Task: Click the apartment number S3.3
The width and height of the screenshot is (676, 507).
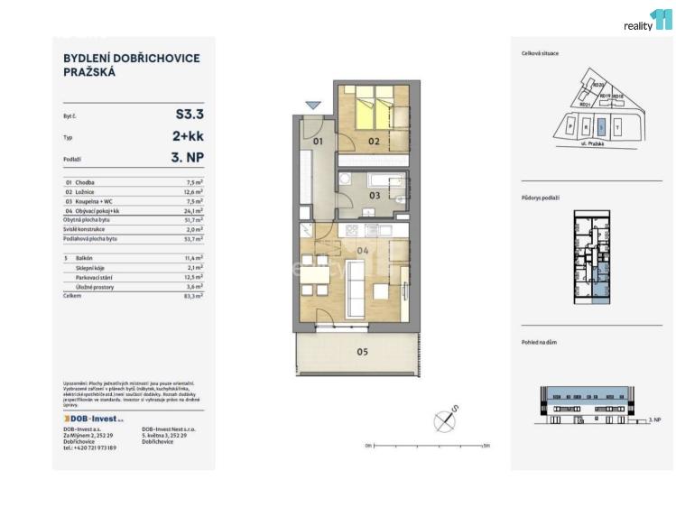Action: click(x=190, y=115)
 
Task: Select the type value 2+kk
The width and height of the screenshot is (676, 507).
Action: click(x=188, y=137)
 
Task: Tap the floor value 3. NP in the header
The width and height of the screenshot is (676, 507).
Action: click(x=188, y=159)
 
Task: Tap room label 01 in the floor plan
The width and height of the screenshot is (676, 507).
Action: click(x=318, y=142)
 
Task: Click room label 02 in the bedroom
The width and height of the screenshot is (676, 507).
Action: click(x=373, y=142)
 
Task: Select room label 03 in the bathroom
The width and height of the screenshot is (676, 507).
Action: click(x=373, y=195)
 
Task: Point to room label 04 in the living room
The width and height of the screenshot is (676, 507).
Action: click(x=363, y=250)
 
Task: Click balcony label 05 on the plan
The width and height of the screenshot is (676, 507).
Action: click(x=362, y=351)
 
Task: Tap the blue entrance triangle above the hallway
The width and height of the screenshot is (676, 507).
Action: click(x=312, y=106)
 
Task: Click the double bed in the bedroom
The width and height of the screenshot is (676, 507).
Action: click(x=374, y=109)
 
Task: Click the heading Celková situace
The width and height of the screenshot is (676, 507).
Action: click(x=540, y=53)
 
